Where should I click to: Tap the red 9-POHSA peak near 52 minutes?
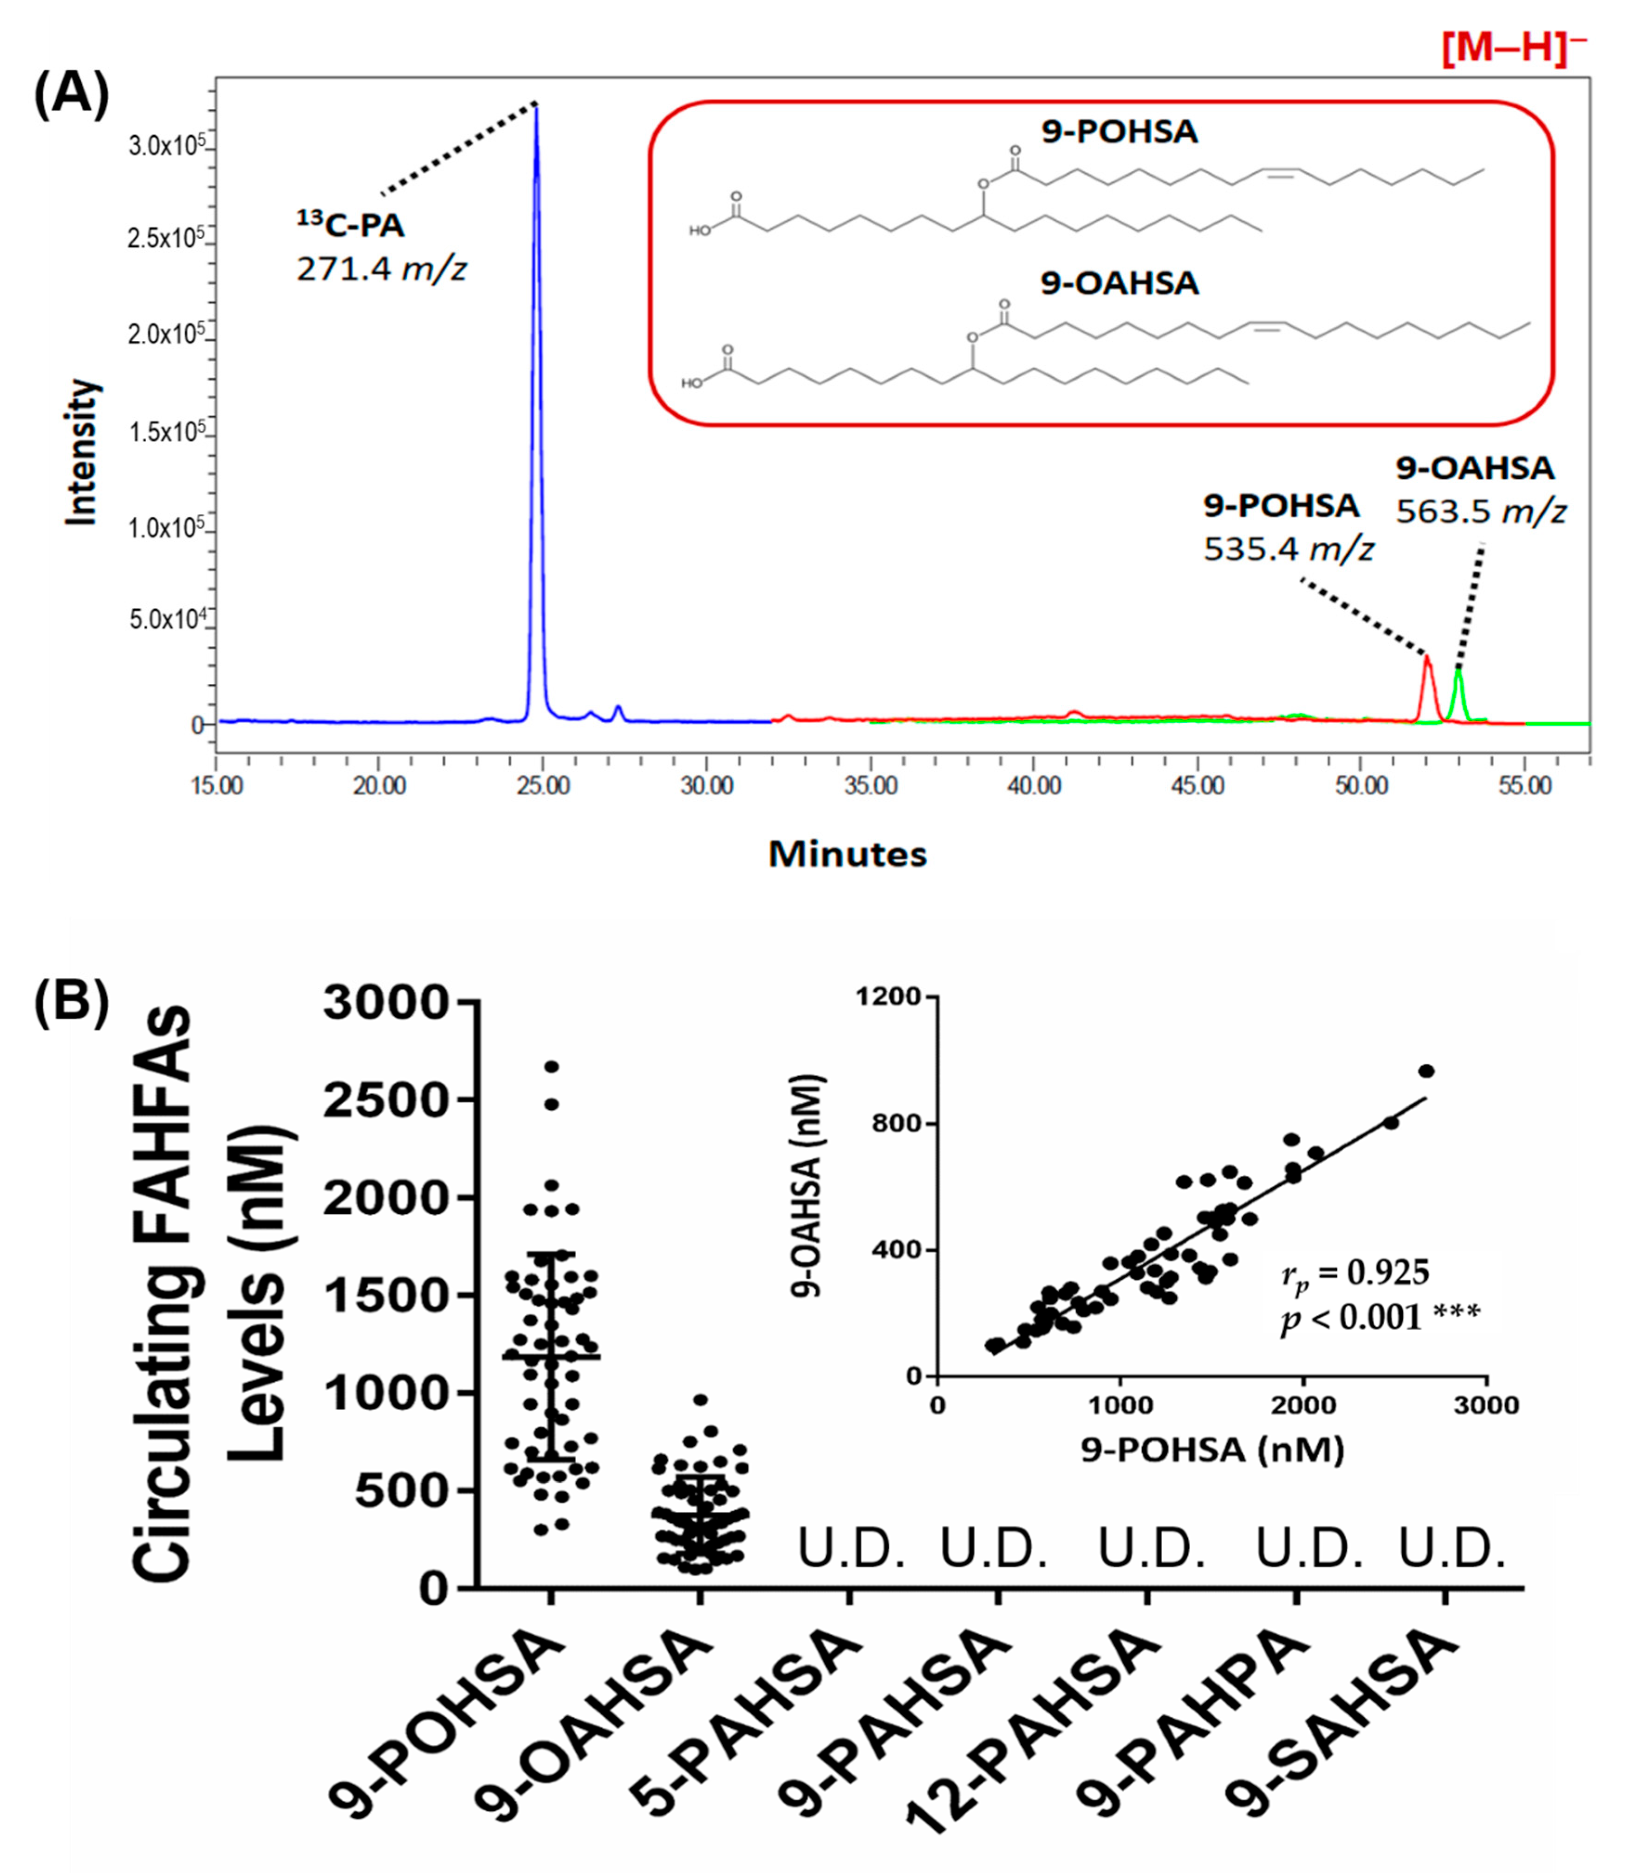[x=1427, y=658]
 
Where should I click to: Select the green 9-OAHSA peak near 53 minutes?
[x=1459, y=671]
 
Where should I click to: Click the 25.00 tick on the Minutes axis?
[x=543, y=786]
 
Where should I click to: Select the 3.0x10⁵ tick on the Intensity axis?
[x=169, y=146]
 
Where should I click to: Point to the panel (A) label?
[x=71, y=95]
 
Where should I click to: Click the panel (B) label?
[x=71, y=1000]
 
